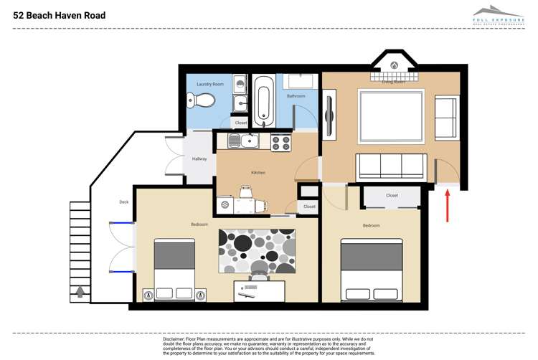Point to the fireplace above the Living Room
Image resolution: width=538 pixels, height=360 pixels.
tap(393, 65)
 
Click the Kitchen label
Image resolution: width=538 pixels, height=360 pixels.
tap(258, 172)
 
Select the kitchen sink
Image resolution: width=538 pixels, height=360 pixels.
tap(248, 141)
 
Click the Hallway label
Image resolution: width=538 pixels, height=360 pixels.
tap(199, 158)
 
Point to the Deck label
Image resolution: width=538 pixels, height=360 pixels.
tap(123, 202)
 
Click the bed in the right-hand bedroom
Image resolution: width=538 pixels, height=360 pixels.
tap(371, 270)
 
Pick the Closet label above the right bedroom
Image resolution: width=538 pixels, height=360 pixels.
tap(392, 195)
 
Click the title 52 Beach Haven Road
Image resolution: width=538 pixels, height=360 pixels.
tap(59, 15)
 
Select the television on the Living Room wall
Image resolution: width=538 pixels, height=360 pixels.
tap(329, 113)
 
